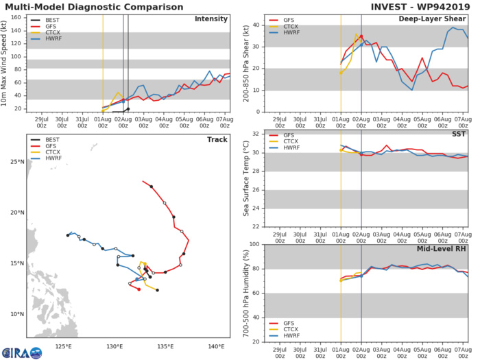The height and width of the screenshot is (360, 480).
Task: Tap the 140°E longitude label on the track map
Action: point(215,346)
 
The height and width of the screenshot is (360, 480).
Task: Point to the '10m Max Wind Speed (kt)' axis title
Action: point(6,62)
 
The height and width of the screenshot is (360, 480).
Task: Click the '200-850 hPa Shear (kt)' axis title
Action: point(245,62)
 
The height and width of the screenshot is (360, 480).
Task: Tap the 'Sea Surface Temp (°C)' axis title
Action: point(245,178)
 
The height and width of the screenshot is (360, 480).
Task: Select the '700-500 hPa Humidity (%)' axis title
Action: point(245,293)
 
